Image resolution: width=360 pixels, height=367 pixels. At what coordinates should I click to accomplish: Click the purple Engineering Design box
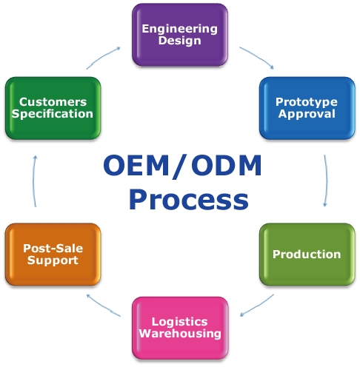click(x=180, y=35)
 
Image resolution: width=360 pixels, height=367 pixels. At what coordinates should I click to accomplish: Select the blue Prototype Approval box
click(x=307, y=108)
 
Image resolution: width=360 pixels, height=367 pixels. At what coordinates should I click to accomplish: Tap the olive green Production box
click(x=307, y=255)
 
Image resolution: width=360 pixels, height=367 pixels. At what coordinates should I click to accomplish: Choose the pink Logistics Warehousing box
click(x=180, y=328)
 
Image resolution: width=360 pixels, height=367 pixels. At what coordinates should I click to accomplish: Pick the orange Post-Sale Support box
click(x=53, y=255)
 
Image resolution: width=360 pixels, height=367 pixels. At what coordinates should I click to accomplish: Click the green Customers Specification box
click(x=53, y=108)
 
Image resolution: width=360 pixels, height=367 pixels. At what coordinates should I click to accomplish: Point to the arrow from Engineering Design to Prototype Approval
click(x=257, y=56)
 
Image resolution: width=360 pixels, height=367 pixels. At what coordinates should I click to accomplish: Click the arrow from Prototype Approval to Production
click(x=327, y=181)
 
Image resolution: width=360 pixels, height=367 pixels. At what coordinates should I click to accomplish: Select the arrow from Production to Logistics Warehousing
click(x=257, y=306)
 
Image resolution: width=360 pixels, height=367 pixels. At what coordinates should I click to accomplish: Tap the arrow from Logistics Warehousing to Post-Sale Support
click(x=103, y=305)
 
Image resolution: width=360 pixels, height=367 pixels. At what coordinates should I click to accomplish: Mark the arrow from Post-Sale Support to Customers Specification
click(x=34, y=181)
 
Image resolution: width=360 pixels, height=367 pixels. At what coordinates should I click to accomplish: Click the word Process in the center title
click(x=189, y=199)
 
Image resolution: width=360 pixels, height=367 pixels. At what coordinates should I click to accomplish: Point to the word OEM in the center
click(x=136, y=165)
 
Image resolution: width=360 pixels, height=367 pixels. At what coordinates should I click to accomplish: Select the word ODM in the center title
click(x=227, y=165)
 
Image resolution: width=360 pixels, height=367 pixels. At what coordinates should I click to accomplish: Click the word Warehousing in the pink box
click(x=180, y=334)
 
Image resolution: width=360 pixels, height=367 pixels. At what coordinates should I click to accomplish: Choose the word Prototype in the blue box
click(x=307, y=102)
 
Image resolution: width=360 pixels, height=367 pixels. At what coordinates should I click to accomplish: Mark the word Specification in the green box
click(x=53, y=114)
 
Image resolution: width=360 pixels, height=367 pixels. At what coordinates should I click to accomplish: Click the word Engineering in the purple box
click(x=180, y=29)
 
